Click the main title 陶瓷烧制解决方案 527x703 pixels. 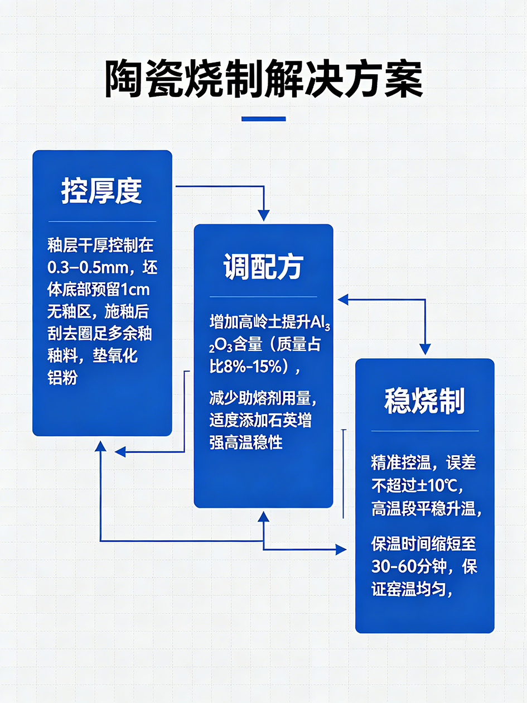point(263,79)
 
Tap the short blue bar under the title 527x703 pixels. point(263,119)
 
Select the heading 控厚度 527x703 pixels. point(102,191)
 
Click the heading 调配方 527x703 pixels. point(263,266)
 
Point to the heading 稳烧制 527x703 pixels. point(424,400)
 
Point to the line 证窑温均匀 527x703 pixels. point(412,589)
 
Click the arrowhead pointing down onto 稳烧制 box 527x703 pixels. point(425,350)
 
